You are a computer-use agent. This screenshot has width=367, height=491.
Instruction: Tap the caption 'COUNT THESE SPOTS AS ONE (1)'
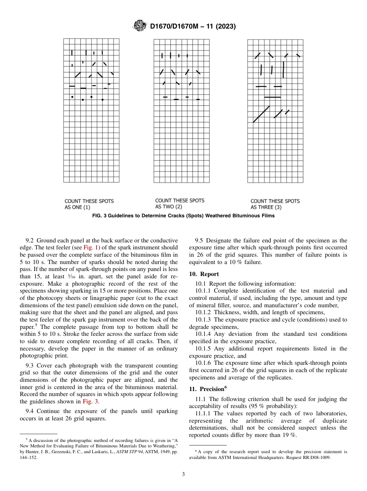pyautogui.click(x=89, y=204)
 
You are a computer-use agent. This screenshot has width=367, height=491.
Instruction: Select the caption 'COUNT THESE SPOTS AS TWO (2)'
pyautogui.click(x=180, y=203)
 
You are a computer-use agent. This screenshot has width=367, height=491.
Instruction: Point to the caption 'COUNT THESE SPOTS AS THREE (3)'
pyautogui.click(x=275, y=204)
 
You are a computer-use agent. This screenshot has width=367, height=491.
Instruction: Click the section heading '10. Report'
pyautogui.click(x=204, y=274)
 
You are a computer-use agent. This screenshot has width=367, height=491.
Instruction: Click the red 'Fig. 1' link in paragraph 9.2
pyautogui.click(x=91, y=247)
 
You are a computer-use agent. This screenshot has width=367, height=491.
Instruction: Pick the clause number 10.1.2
pyautogui.click(x=203, y=312)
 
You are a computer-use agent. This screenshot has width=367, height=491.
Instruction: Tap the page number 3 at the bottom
pyautogui.click(x=183, y=474)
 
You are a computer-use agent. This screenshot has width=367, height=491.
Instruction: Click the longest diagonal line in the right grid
pyautogui.click(x=261, y=114)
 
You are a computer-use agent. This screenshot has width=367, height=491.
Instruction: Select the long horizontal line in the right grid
pyautogui.click(x=272, y=97)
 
